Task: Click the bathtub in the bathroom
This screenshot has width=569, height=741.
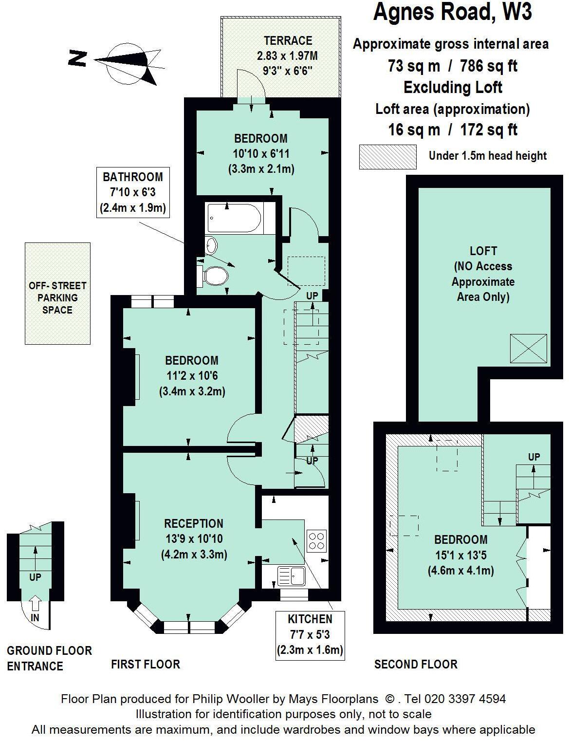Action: tap(235, 218)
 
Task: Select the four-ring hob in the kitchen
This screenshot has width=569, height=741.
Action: tap(316, 540)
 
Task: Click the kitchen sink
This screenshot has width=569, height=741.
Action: tap(291, 575)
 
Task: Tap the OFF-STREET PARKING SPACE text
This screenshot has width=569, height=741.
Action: tap(57, 297)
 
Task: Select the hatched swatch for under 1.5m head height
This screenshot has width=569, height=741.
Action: tap(388, 157)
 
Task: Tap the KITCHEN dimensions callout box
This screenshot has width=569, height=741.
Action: tap(310, 635)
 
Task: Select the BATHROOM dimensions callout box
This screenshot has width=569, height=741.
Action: tap(133, 193)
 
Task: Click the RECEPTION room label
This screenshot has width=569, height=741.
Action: tap(194, 523)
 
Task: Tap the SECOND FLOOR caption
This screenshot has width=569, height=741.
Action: tap(415, 664)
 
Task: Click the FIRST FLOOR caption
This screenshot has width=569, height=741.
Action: tap(145, 664)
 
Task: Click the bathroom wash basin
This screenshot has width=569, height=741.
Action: tap(211, 245)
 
